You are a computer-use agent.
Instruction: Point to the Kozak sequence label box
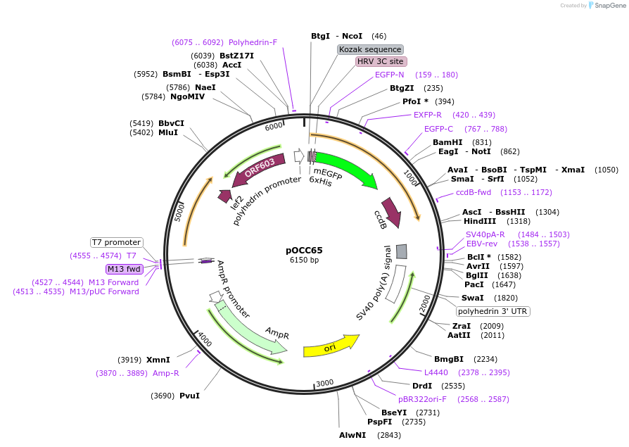(370, 49)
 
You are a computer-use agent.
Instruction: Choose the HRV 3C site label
(381, 62)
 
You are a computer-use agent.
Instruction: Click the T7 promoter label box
(116, 243)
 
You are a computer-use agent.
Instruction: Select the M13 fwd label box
(124, 269)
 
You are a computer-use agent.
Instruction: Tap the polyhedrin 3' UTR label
(493, 311)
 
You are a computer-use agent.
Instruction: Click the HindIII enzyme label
(481, 221)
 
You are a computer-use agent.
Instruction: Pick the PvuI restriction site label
(189, 396)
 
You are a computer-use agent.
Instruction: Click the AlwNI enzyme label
(352, 435)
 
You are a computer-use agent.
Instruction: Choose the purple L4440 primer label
(436, 372)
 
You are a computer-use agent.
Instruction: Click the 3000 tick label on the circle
(324, 383)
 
